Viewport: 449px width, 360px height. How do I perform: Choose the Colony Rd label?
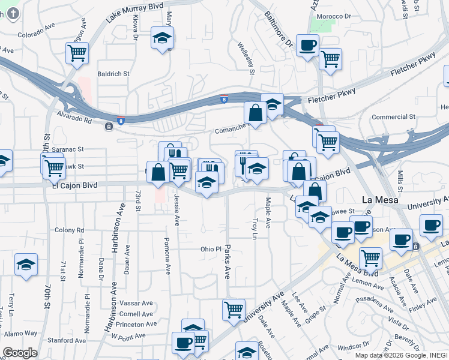68,230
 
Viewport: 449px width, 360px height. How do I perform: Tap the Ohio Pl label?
211,249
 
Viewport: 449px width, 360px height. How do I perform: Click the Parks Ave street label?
228,260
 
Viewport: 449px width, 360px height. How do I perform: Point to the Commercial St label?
393,117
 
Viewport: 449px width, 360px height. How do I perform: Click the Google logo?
20,353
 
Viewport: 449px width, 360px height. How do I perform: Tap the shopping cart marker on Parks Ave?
233,310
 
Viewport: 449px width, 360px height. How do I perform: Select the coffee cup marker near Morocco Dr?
307,45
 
